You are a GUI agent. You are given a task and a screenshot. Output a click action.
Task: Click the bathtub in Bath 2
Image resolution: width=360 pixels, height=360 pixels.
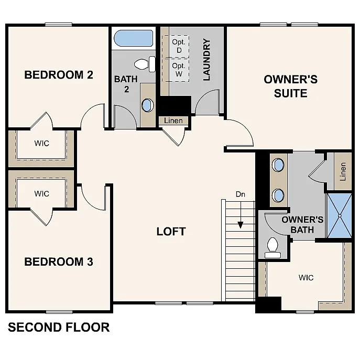pyautogui.click(x=133, y=39)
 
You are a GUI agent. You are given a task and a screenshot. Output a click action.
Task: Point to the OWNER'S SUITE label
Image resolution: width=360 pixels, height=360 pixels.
pyautogui.click(x=290, y=86)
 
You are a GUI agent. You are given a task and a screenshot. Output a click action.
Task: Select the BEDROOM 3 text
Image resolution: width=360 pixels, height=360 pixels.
pyautogui.click(x=59, y=261)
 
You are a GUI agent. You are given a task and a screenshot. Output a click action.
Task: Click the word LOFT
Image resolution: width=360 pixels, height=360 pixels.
pyautogui.click(x=171, y=232)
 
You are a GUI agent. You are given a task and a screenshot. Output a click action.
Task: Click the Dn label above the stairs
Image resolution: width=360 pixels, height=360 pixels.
pyautogui.click(x=241, y=194)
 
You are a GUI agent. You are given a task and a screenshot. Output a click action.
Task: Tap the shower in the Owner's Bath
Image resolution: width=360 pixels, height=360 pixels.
pyautogui.click(x=339, y=215)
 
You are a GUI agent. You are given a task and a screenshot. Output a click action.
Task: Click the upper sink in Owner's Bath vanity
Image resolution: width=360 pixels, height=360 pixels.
pyautogui.click(x=278, y=166)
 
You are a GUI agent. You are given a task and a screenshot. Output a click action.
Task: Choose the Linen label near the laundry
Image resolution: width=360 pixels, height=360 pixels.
pyautogui.click(x=173, y=121)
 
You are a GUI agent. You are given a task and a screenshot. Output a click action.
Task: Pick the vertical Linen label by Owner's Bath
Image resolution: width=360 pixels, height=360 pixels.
pyautogui.click(x=343, y=171)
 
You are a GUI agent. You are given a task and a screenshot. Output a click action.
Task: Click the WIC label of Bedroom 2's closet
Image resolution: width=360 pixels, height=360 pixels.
pyautogui.click(x=42, y=143)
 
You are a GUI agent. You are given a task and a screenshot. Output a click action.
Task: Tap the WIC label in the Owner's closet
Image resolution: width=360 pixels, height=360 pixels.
pyautogui.click(x=306, y=278)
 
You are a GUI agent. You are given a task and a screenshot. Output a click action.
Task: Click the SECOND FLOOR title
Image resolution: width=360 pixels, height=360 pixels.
pyautogui.click(x=59, y=328)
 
